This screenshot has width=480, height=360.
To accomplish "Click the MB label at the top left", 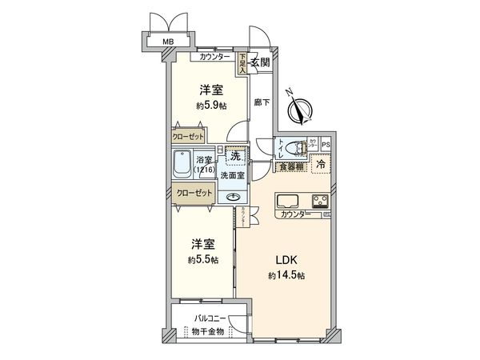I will (x=169, y=42).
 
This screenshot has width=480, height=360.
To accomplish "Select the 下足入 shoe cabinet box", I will (x=242, y=62).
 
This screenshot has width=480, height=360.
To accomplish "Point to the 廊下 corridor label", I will (x=261, y=102).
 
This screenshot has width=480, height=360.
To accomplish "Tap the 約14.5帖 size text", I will (x=286, y=275).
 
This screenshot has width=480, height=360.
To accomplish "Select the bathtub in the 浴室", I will (x=182, y=168).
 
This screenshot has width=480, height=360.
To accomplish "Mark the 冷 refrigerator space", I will (x=320, y=164).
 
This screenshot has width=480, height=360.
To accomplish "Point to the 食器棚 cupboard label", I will (x=289, y=166).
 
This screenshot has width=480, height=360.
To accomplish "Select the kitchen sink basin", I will (x=287, y=201).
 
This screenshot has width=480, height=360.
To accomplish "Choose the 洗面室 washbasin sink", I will (x=234, y=197).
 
